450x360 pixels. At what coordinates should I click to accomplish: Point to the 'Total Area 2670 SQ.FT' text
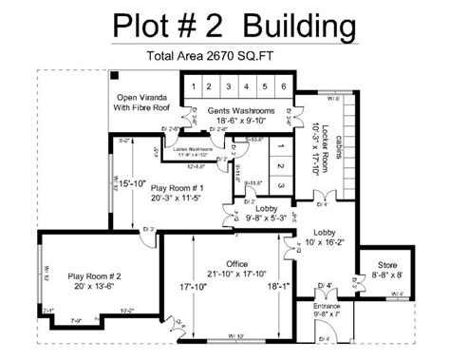(x=224, y=56)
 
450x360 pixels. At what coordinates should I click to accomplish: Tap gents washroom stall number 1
(x=193, y=87)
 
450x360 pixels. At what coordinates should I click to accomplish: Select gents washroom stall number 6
(x=283, y=87)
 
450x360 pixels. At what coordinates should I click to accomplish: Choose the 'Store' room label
(x=387, y=265)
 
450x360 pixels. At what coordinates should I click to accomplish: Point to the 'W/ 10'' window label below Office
(x=235, y=337)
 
